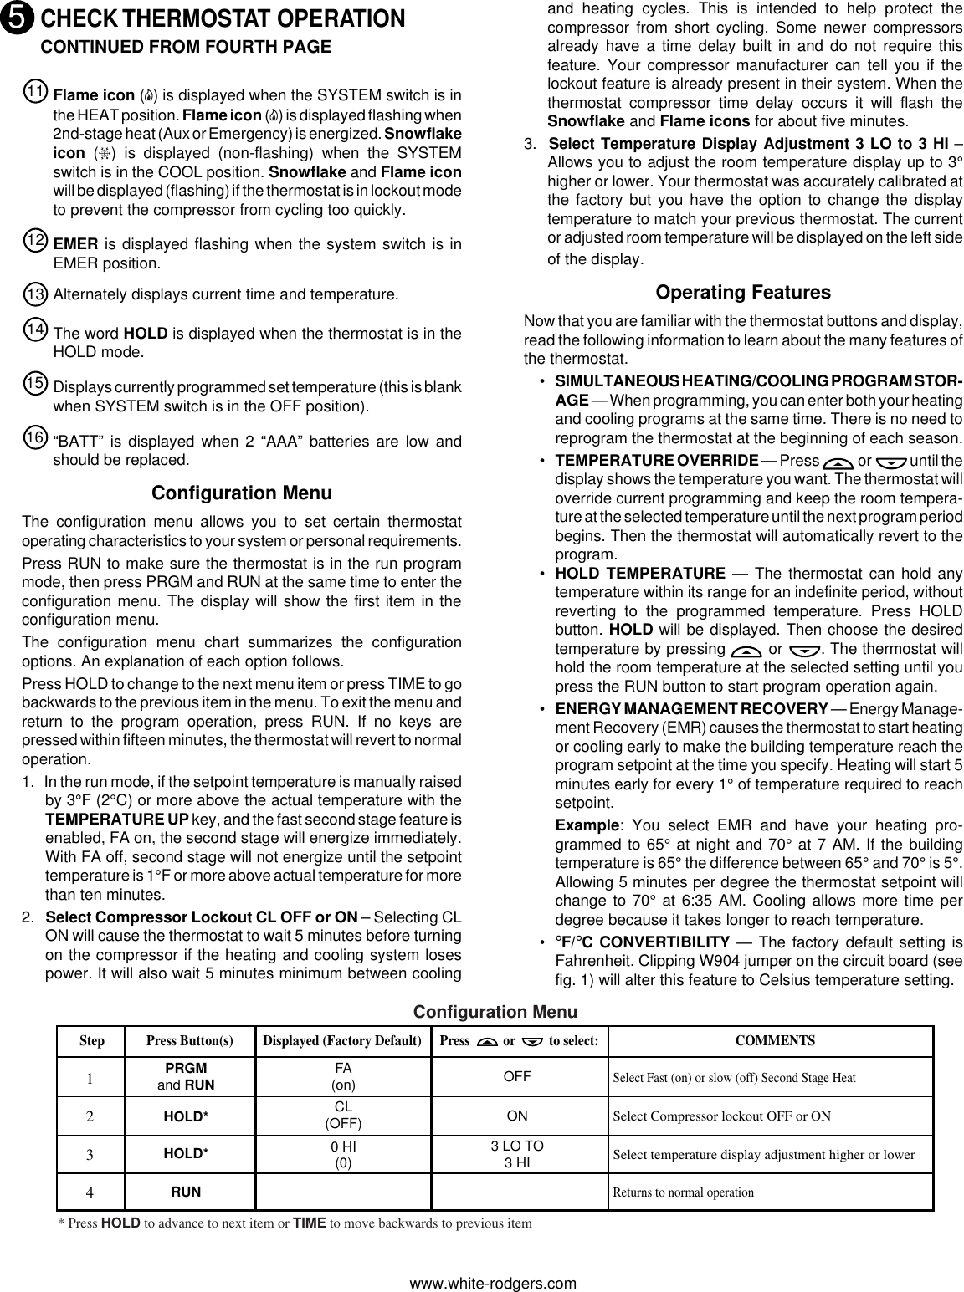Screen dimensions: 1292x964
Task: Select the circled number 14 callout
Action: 35,330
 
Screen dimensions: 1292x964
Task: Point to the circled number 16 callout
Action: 35,437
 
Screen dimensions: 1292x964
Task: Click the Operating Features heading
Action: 743,293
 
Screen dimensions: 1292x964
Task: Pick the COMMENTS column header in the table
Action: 774,1041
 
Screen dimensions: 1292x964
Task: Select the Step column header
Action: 92,1041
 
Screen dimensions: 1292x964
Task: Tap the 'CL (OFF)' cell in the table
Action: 343,1116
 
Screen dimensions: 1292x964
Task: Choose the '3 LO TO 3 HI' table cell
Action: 516,1154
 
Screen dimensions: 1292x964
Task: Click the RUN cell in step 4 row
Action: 186,1192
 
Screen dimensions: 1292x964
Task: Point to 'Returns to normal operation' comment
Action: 684,1192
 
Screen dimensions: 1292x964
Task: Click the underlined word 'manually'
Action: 385,783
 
